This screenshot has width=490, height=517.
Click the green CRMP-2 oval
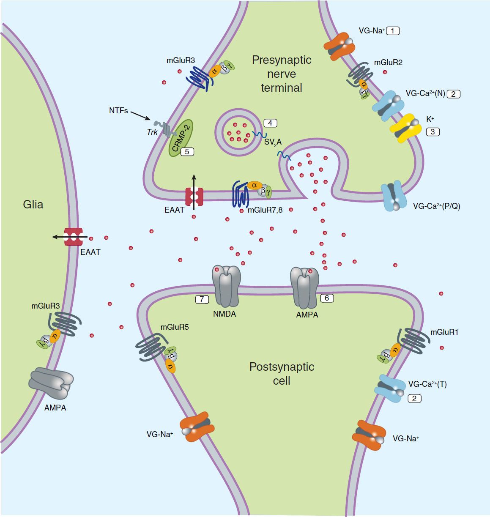pos(181,138)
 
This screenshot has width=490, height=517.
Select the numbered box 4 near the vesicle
pos(270,123)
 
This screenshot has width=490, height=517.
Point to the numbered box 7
pos(202,299)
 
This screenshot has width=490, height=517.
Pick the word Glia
pos(33,205)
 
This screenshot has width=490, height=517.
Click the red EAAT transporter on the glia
pos(73,237)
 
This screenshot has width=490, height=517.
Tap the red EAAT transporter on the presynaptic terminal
pos(194,197)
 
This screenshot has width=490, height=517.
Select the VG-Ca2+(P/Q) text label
pos(436,206)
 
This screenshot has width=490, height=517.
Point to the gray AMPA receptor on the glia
pos(51,383)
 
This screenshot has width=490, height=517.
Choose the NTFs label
pos(118,110)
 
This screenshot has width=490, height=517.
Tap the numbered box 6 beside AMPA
pos(326,298)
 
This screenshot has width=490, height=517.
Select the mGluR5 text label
pos(175,327)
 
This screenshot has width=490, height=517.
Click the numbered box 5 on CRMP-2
pos(187,151)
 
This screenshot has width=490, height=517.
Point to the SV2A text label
pos(273,142)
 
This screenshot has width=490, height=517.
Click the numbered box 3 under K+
pos(433,132)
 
